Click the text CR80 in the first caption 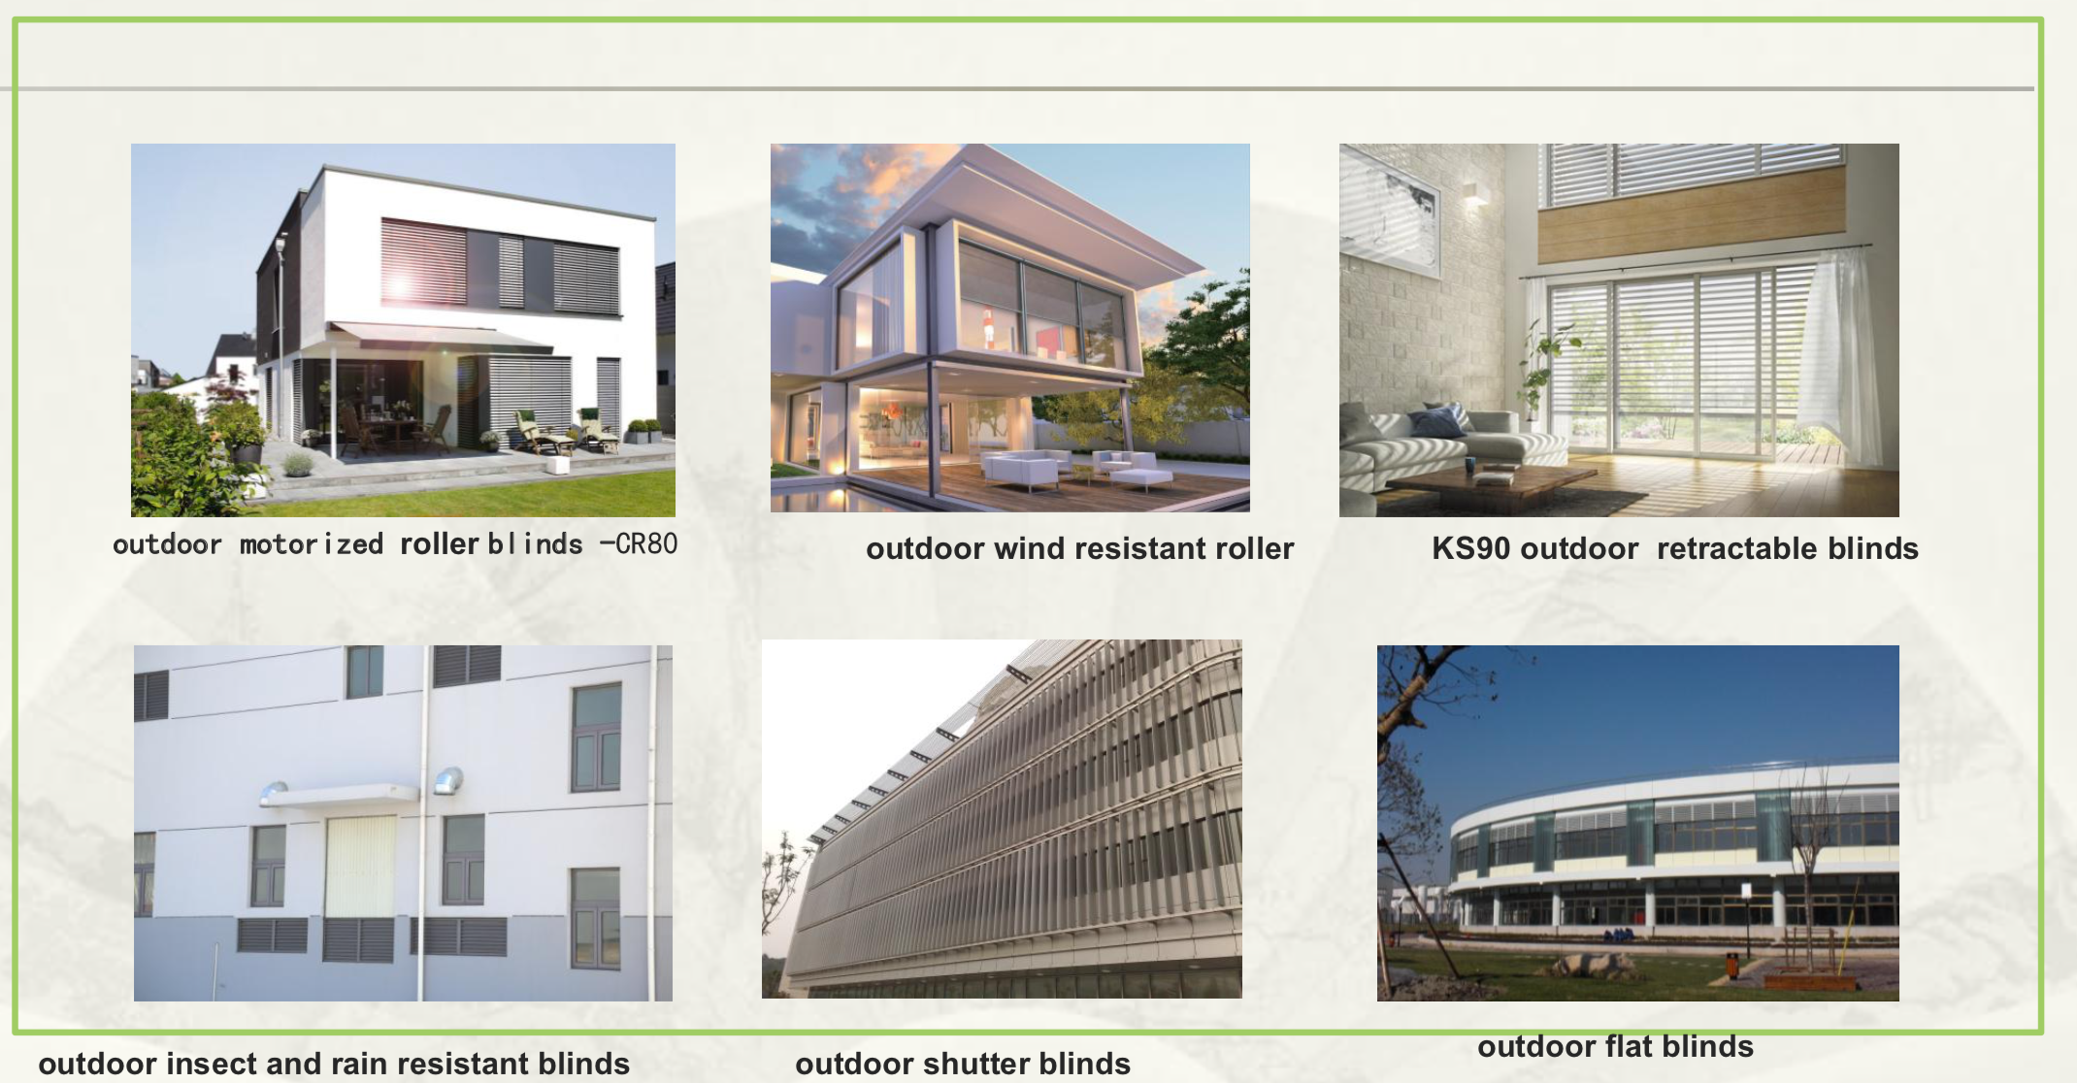click(646, 543)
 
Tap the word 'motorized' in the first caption click(312, 544)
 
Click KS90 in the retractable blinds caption click(1471, 548)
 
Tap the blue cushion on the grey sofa click(1438, 422)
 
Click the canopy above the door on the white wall click(340, 796)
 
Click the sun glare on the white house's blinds click(399, 286)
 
